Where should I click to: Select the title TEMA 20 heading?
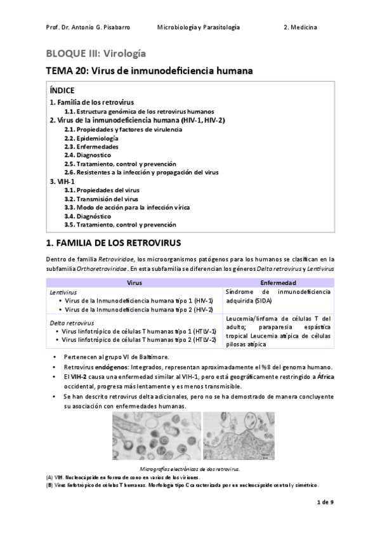coord(150,72)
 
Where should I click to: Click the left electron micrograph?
coord(155,436)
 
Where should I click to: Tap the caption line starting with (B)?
coord(183,485)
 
